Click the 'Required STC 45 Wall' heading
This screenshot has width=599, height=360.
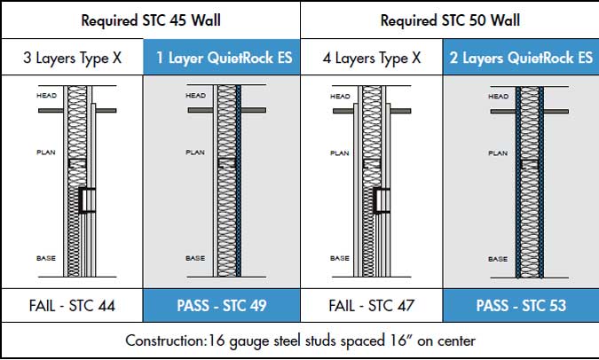click(151, 20)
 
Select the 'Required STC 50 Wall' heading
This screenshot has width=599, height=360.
click(450, 20)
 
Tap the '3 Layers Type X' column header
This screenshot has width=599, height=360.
click(72, 58)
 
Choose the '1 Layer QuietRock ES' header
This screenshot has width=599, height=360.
click(225, 58)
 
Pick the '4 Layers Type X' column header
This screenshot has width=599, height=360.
click(372, 58)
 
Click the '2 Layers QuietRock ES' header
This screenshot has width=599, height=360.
click(521, 58)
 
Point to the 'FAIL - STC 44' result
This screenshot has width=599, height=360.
click(72, 306)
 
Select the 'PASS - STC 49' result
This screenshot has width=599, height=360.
click(222, 306)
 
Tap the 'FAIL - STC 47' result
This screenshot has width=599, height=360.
click(372, 306)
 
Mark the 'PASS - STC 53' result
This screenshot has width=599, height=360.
click(521, 306)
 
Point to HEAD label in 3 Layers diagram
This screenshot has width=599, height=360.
click(47, 96)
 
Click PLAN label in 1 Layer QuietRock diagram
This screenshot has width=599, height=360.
click(195, 153)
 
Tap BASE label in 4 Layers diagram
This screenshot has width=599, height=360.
click(340, 258)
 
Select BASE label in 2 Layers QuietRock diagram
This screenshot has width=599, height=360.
click(498, 259)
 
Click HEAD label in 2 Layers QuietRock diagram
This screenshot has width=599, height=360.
click(498, 96)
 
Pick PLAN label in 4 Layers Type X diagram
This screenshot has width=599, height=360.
click(340, 153)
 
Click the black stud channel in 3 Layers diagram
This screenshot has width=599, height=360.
click(82, 200)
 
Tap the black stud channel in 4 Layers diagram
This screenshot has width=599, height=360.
click(376, 200)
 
